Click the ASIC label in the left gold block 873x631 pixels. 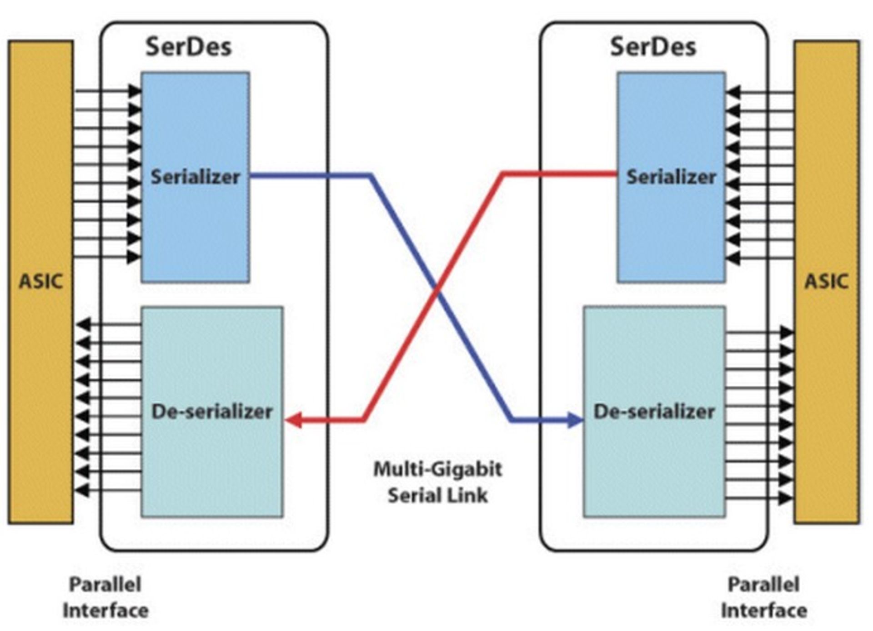click(40, 282)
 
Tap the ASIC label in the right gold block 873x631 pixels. click(826, 282)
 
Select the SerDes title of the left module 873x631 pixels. click(188, 47)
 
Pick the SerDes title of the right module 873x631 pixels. click(653, 47)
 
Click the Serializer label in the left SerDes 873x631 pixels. click(196, 177)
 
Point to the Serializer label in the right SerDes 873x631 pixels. click(671, 177)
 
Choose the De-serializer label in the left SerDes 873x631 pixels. click(212, 412)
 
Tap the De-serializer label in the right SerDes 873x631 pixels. click(654, 412)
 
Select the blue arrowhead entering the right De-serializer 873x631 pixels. click(575, 420)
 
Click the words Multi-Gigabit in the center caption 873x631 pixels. click(437, 469)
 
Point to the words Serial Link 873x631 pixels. click(437, 495)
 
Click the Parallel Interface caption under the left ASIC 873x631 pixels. click(105, 597)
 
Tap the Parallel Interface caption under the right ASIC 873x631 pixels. click(764, 597)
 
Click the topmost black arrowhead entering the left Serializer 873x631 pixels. click(135, 91)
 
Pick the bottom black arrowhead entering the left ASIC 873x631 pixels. click(82, 490)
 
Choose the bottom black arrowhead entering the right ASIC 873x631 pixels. click(786, 498)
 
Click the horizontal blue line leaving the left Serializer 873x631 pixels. click(309, 175)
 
